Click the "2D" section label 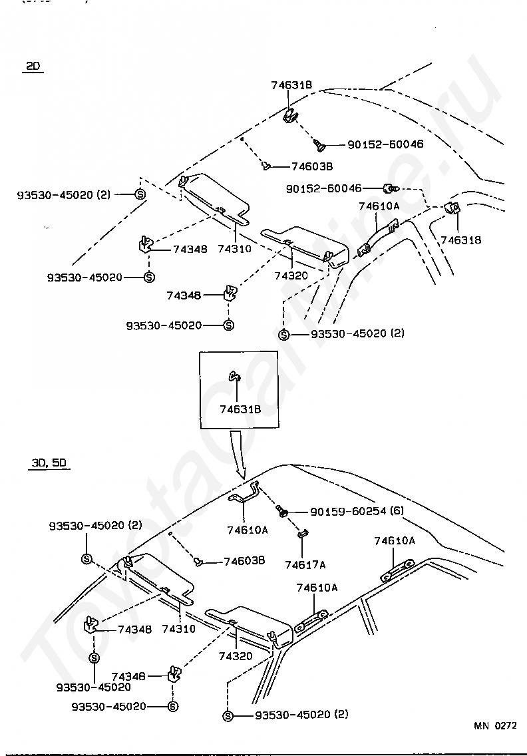(33, 66)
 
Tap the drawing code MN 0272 (495, 726)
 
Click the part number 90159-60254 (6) (357, 511)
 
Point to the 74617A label (305, 565)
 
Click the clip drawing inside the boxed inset (235, 377)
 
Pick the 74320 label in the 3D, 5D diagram (236, 656)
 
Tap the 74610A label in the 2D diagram (379, 206)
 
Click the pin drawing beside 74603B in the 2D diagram (266, 165)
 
